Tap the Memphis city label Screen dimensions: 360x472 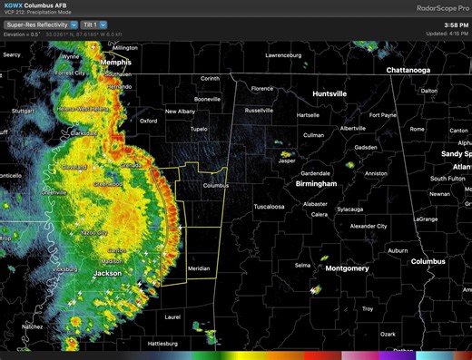[x=116, y=63]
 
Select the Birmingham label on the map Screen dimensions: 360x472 [x=316, y=183]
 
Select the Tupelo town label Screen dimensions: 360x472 [x=186, y=129]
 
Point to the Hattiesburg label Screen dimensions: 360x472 [x=163, y=344]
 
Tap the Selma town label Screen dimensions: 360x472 [x=302, y=265]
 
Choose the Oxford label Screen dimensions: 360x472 [x=149, y=120]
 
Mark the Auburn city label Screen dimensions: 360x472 [x=397, y=249]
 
